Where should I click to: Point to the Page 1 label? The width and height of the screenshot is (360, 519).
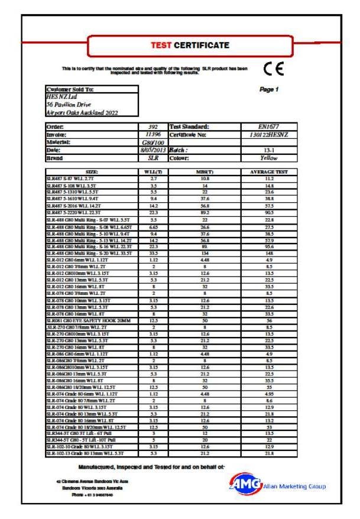pyautogui.click(x=268, y=89)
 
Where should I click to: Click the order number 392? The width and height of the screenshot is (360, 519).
pyautogui.click(x=153, y=126)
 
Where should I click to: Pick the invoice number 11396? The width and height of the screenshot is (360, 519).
pyautogui.click(x=153, y=134)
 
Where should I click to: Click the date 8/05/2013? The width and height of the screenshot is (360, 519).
pyautogui.click(x=153, y=150)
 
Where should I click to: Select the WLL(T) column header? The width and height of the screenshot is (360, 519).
pyautogui.click(x=153, y=171)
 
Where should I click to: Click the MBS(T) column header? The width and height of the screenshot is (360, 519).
pyautogui.click(x=204, y=171)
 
